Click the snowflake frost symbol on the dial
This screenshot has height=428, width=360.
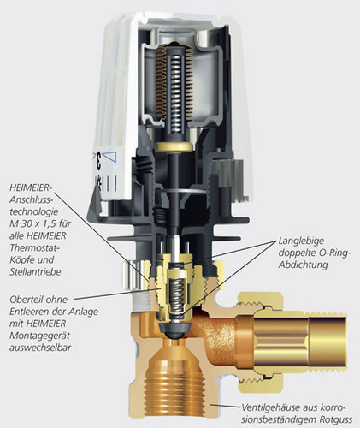pos(98,181)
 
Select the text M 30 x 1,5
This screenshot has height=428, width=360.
pos(40,223)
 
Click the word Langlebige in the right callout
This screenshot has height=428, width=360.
pos(301,241)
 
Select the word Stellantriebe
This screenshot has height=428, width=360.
pos(35,271)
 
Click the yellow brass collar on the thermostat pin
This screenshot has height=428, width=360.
pos(174,146)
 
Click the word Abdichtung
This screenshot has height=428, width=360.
pos(303,265)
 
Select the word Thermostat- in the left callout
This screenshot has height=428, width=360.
pos(34,247)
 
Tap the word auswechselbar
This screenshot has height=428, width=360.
pos(40,348)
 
